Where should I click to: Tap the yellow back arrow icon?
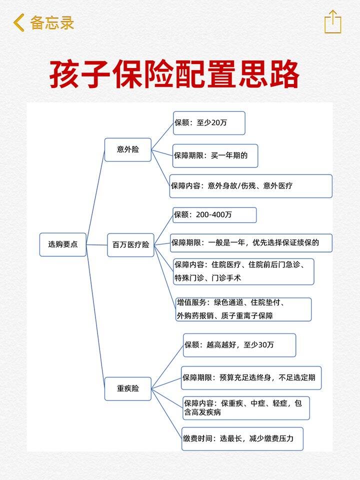point(18,22)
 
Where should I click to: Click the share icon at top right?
point(333,21)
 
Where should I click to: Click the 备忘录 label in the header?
point(52,22)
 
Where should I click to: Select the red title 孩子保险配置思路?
point(174,74)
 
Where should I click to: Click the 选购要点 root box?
point(63,244)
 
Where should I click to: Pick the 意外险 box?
point(128,149)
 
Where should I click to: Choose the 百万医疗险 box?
point(130,245)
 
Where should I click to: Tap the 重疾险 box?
point(128,389)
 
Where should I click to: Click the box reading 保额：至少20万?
point(209,123)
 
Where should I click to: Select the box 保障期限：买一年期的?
point(215,156)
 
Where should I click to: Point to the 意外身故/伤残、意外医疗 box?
point(250,186)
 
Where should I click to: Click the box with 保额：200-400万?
point(214,215)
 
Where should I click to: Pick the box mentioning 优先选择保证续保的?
point(251,243)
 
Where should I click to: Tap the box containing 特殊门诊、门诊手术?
point(243,271)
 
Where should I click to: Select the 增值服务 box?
point(243,309)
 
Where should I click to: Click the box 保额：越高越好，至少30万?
point(239,345)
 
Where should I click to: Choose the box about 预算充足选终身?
point(251,378)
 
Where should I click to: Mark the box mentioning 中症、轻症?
point(246,408)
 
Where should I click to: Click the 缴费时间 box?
point(242,439)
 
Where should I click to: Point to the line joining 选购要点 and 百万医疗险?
point(96,245)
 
